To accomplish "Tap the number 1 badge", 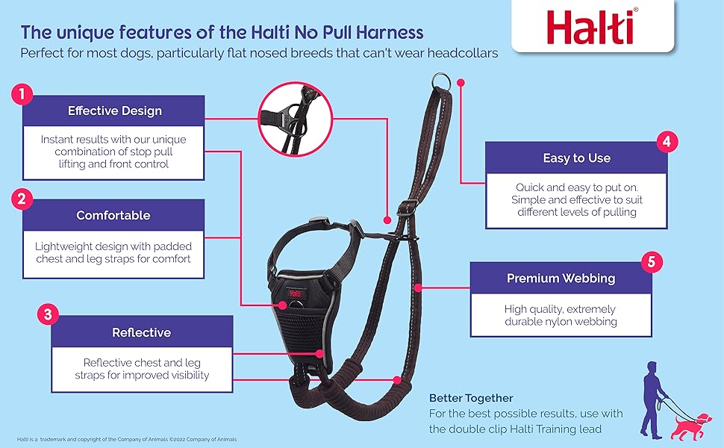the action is [22, 95].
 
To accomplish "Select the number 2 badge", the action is [22, 199].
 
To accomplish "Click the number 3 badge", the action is [48, 315].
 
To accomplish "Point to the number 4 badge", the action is [667, 141].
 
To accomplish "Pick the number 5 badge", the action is [652, 262].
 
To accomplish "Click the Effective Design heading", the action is [114, 111].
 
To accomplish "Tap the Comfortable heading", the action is [113, 215].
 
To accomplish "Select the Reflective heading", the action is [141, 332].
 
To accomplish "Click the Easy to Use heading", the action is [577, 158].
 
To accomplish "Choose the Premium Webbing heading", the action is [561, 279].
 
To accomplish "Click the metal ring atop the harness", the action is [442, 82].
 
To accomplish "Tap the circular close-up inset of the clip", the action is [295, 119].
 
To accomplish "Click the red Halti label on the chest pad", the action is [295, 293].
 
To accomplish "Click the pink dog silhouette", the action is [690, 427].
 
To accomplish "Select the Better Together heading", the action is [471, 398].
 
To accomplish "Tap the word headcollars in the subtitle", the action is [463, 53].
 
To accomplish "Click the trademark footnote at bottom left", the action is [127, 439].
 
